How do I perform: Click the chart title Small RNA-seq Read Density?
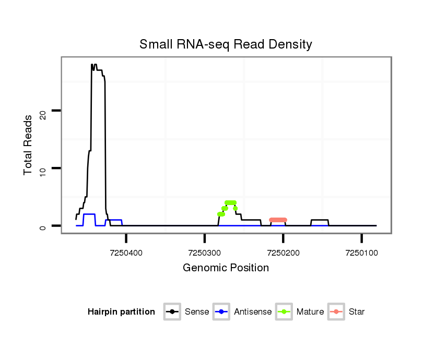click(226, 44)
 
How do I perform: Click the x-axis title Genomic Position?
click(226, 268)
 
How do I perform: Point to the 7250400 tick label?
click(126, 253)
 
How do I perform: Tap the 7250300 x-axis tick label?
click(205, 253)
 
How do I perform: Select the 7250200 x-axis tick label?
click(283, 253)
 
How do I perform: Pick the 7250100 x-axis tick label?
click(361, 253)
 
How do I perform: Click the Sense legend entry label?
click(197, 312)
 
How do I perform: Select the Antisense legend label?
click(253, 312)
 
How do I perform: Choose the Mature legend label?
click(310, 312)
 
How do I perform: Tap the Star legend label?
click(357, 312)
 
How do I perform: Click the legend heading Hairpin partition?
click(121, 312)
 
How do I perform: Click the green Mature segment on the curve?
click(230, 202)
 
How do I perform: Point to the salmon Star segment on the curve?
click(278, 220)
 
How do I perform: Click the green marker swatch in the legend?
click(284, 312)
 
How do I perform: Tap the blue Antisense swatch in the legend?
click(222, 312)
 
